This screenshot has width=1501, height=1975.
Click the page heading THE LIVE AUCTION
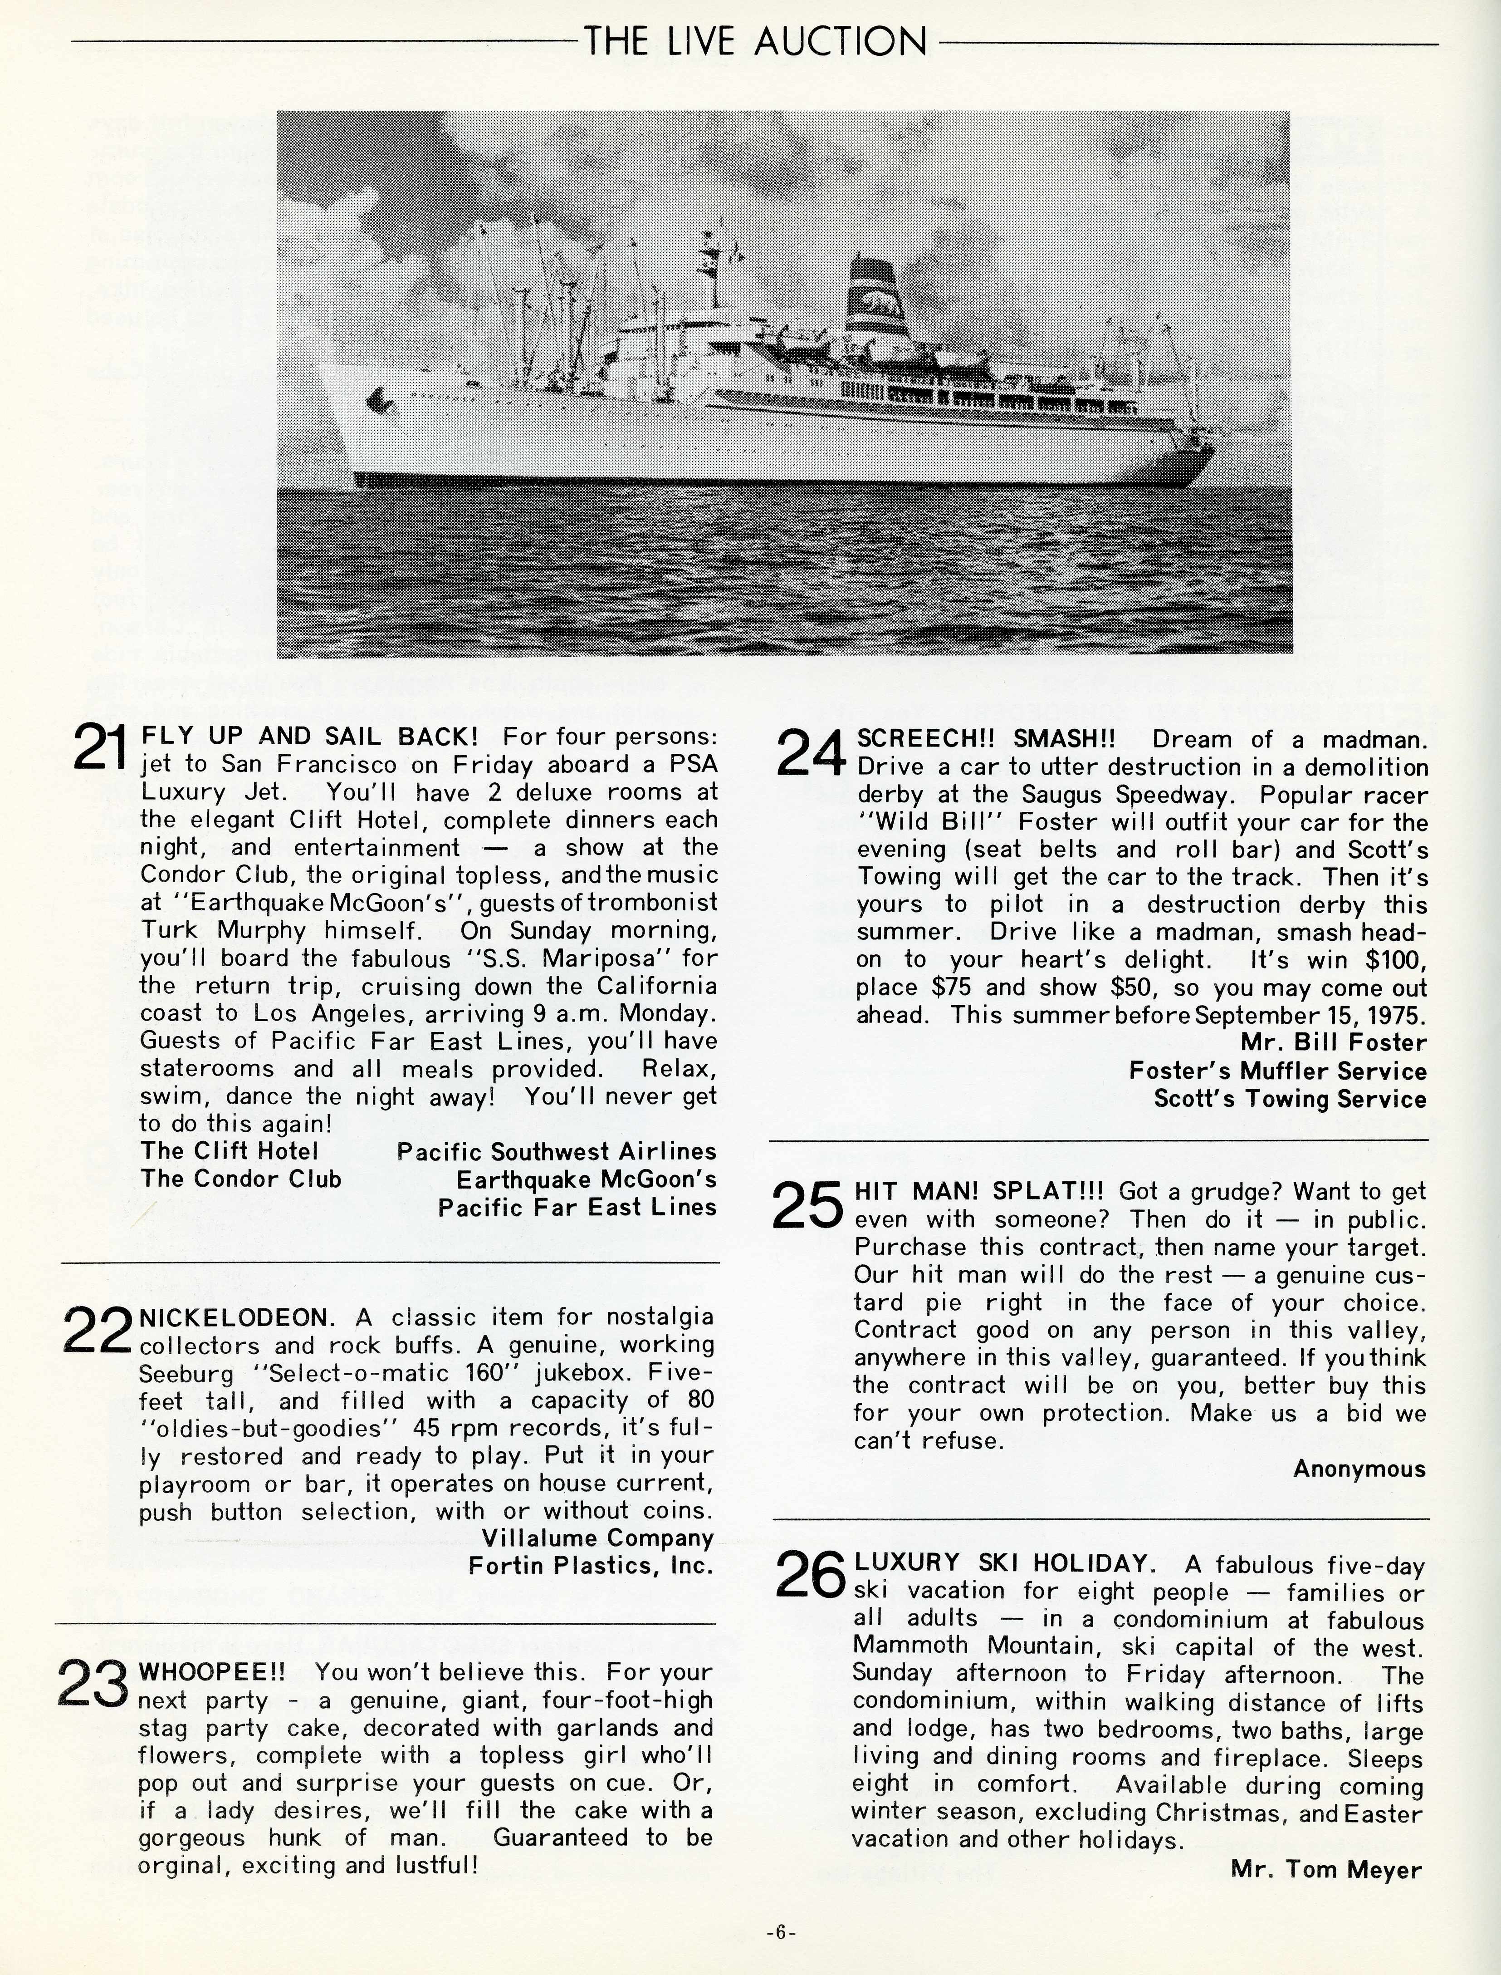[x=755, y=41]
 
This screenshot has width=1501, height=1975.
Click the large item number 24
[x=811, y=752]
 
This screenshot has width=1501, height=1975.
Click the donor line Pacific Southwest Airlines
[x=557, y=1152]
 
